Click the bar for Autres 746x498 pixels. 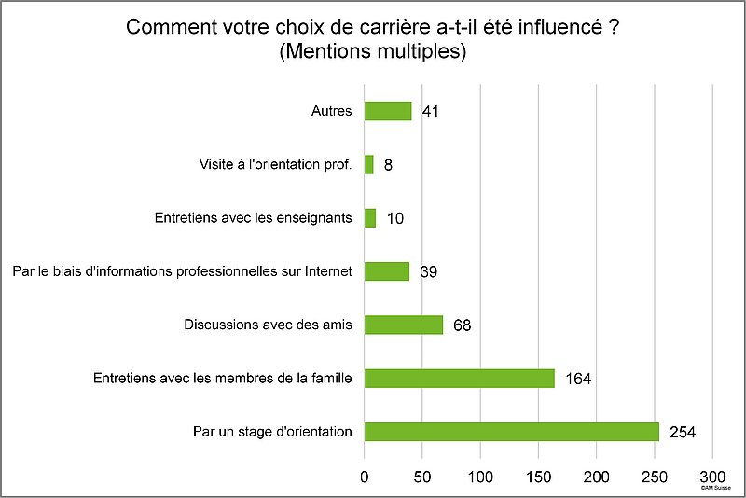point(388,111)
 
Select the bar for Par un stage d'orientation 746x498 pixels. point(512,432)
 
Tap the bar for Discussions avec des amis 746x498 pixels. point(404,325)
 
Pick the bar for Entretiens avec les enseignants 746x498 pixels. point(370,218)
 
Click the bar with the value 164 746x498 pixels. point(460,378)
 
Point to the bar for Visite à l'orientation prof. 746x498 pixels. point(369,165)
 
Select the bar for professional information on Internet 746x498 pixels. point(387,271)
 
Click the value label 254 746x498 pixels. point(684,432)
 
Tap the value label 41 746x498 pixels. point(430,112)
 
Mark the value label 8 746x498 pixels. point(389,166)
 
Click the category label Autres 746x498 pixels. point(331,111)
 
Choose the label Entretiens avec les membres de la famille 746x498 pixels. point(222,378)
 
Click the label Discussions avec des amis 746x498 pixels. point(268,325)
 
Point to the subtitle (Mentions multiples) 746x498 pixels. point(372,52)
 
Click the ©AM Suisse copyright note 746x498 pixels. point(717,488)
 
